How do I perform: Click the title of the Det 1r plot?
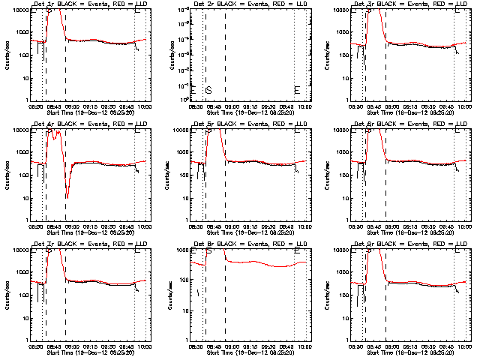(91, 4)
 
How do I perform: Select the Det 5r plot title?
(250, 124)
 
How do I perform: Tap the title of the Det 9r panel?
(409, 244)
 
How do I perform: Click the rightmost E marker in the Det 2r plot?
(297, 89)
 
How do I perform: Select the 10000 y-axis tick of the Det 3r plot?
(340, 10)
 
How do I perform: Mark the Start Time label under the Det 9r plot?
(409, 351)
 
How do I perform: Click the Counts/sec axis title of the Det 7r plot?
(7, 294)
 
